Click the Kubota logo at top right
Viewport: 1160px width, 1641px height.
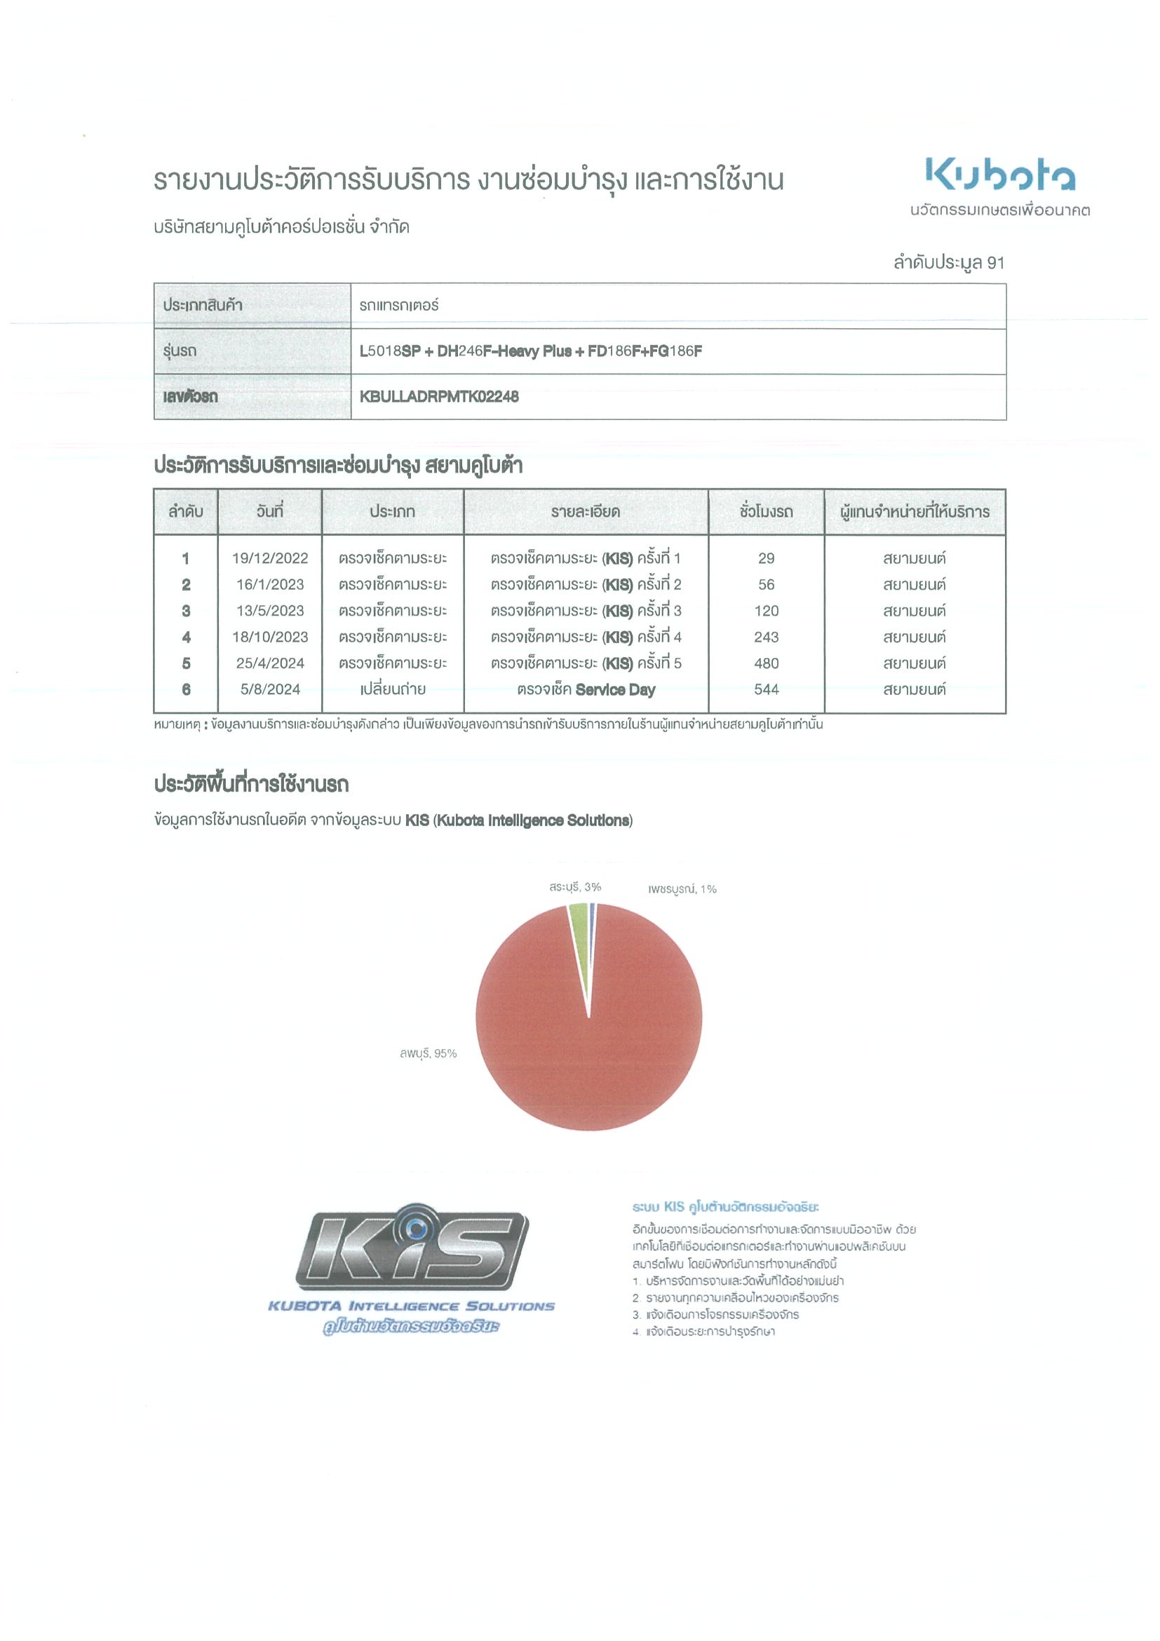(x=1000, y=175)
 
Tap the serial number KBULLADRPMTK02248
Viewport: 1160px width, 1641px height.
(x=439, y=397)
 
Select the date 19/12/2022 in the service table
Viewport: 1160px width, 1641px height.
(x=269, y=558)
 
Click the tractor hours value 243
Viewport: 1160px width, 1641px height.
(x=765, y=637)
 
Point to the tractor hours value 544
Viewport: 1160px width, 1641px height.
(x=765, y=689)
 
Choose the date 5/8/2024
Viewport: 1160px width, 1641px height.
(x=269, y=689)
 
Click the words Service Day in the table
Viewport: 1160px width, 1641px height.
(x=614, y=689)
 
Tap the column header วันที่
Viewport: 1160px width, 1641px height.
(x=269, y=512)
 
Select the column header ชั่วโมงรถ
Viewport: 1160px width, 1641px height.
(x=765, y=512)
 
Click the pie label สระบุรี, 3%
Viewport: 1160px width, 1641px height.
(x=574, y=887)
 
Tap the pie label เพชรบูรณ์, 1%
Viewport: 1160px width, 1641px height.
(x=682, y=889)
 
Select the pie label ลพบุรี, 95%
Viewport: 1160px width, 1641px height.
(x=427, y=1053)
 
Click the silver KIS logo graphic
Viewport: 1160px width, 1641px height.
(x=412, y=1246)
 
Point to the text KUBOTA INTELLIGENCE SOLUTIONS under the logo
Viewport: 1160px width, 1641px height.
(x=411, y=1306)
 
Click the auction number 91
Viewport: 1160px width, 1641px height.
(x=995, y=263)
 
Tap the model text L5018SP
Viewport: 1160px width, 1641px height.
(x=389, y=351)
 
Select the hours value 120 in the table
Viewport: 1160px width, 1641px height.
(x=765, y=611)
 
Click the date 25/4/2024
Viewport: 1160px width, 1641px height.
(x=269, y=663)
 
